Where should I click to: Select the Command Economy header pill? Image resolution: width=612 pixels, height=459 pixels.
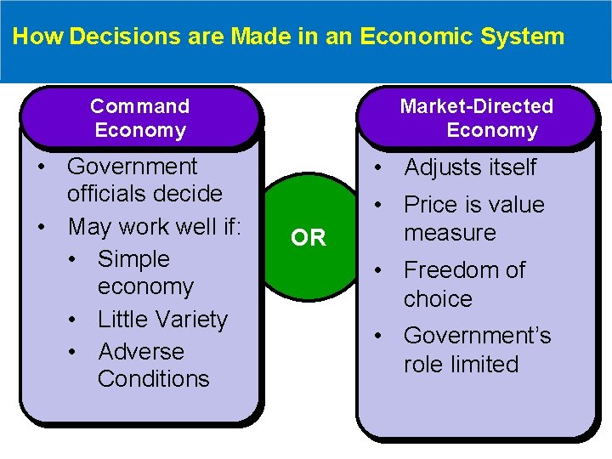[x=140, y=118]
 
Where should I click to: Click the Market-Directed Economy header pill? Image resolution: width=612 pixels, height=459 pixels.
[x=477, y=118]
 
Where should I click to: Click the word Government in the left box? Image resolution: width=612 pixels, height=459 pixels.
[x=132, y=166]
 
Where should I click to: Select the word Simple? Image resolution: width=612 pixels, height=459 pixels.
[x=134, y=259]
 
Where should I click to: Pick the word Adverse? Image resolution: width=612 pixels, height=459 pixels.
[x=141, y=351]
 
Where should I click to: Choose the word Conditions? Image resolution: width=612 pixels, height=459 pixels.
[x=154, y=378]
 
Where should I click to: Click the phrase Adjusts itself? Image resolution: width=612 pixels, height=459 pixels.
[x=470, y=168]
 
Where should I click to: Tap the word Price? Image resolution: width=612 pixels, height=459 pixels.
[x=432, y=205]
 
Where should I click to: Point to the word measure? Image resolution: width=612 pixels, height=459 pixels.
[x=450, y=233]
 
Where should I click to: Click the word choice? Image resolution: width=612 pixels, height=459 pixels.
[x=438, y=299]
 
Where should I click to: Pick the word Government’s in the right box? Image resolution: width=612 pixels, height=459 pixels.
[x=478, y=336]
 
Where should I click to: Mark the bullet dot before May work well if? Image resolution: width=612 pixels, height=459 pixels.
[x=41, y=227]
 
